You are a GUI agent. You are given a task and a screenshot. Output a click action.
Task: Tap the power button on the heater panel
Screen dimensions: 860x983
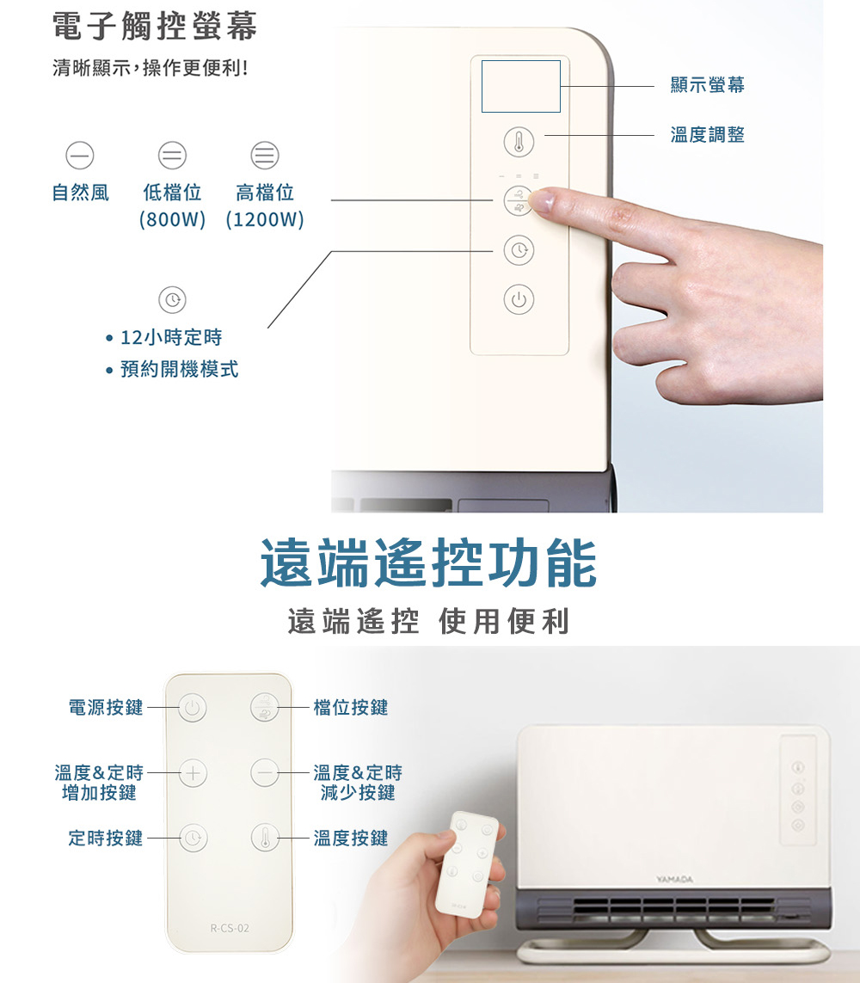tap(519, 299)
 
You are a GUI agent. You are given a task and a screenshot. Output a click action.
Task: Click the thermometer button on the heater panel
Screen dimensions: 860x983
tap(519, 142)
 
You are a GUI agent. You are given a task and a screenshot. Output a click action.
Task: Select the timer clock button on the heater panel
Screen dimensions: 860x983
tap(519, 250)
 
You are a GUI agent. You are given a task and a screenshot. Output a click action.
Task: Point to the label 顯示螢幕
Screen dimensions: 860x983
tap(708, 84)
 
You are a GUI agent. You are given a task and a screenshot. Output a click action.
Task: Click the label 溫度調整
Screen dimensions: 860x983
tap(708, 135)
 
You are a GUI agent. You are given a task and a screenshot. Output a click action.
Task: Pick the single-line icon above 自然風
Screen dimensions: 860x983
tap(80, 155)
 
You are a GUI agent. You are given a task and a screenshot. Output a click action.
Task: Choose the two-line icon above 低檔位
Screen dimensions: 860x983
tap(172, 155)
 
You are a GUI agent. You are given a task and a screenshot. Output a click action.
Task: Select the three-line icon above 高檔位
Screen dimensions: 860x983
tap(265, 155)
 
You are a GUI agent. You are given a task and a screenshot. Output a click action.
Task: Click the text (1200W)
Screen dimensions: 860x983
tap(265, 219)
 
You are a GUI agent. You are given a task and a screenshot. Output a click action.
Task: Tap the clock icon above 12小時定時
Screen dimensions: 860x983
tap(172, 299)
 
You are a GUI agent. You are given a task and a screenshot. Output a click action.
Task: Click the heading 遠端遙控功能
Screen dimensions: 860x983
tap(429, 563)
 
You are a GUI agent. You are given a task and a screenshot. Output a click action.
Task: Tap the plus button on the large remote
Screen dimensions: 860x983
tap(193, 773)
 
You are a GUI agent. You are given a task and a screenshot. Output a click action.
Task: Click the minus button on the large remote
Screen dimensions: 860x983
tap(265, 773)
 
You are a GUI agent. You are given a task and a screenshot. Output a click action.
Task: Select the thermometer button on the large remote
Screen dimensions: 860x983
tap(265, 838)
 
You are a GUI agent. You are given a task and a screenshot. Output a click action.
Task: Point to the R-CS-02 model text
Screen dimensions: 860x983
tap(230, 928)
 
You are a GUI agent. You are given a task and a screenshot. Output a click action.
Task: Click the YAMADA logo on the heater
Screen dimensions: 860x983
tap(674, 880)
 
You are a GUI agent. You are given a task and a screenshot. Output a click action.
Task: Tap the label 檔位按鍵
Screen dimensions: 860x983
tap(351, 708)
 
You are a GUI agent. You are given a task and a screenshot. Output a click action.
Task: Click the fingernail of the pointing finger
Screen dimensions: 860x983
tap(541, 200)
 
